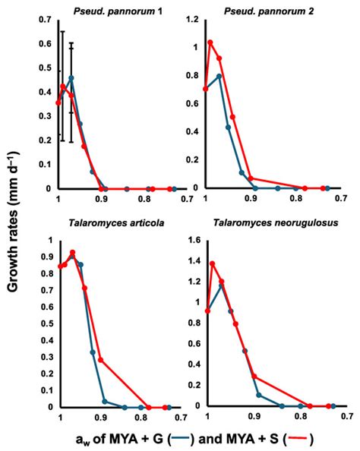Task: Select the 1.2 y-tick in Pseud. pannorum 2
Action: click(196, 19)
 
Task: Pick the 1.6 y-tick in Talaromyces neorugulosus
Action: click(196, 241)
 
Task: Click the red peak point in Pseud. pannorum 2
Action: click(210, 43)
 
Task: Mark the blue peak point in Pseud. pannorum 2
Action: click(219, 76)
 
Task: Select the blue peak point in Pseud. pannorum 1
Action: click(71, 77)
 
